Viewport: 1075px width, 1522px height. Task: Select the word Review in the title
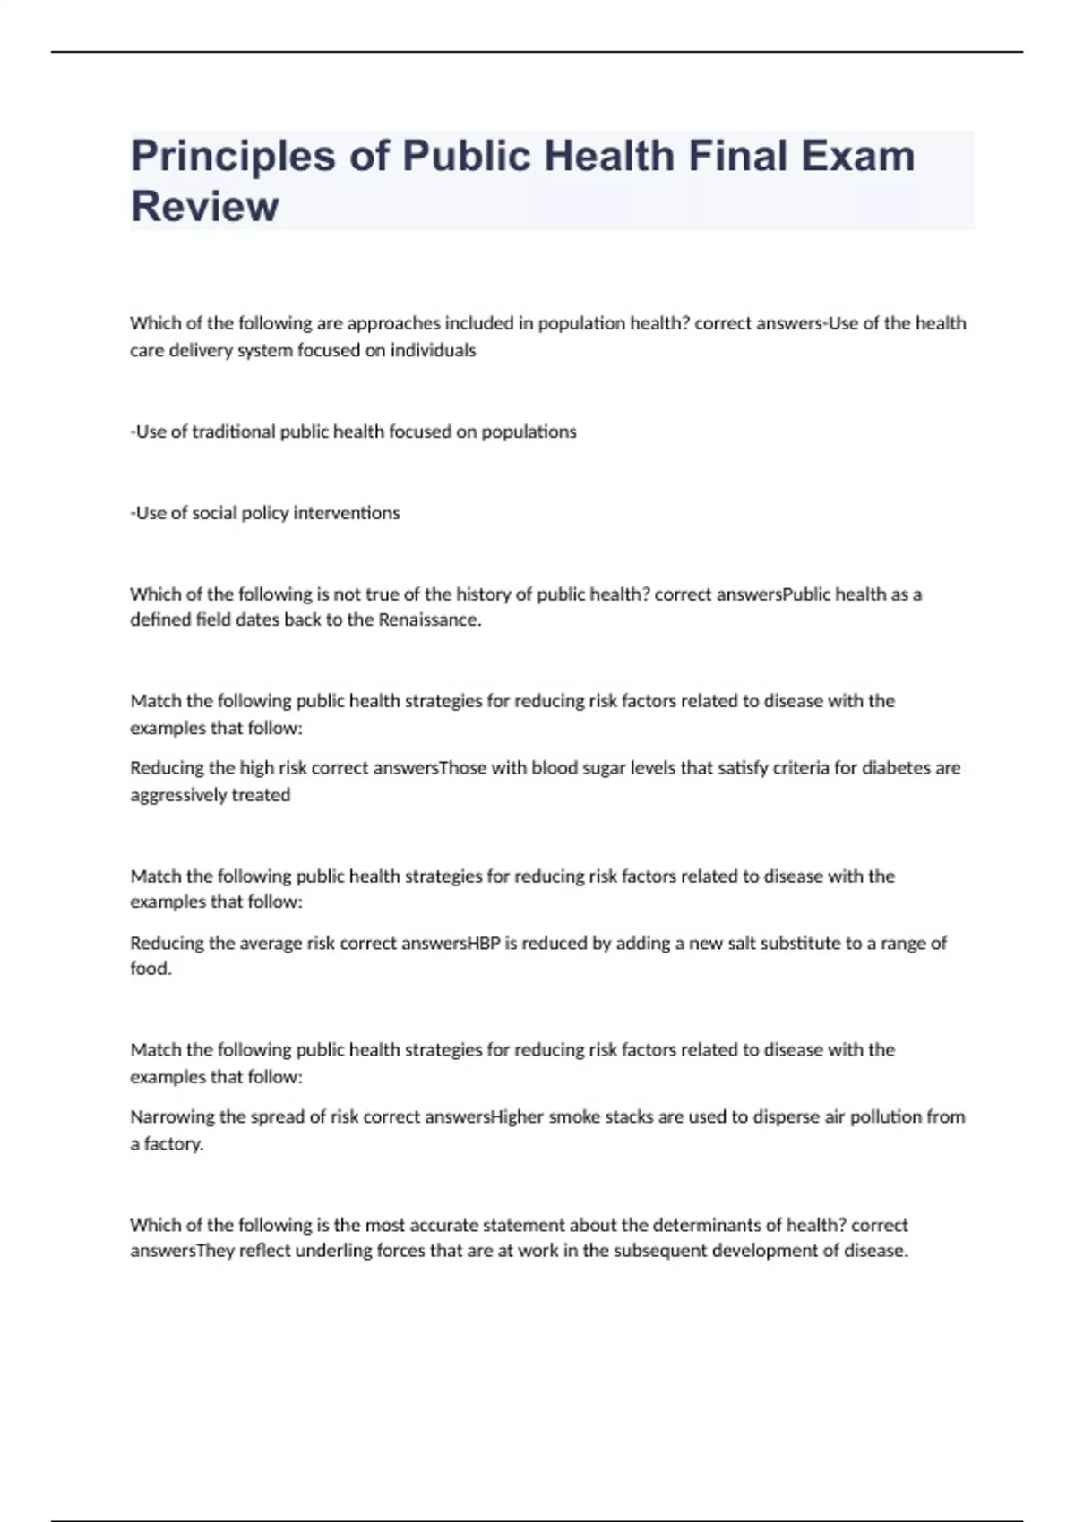pos(204,206)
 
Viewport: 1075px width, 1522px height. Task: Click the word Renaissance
pos(429,620)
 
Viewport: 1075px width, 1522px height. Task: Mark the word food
pos(150,969)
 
